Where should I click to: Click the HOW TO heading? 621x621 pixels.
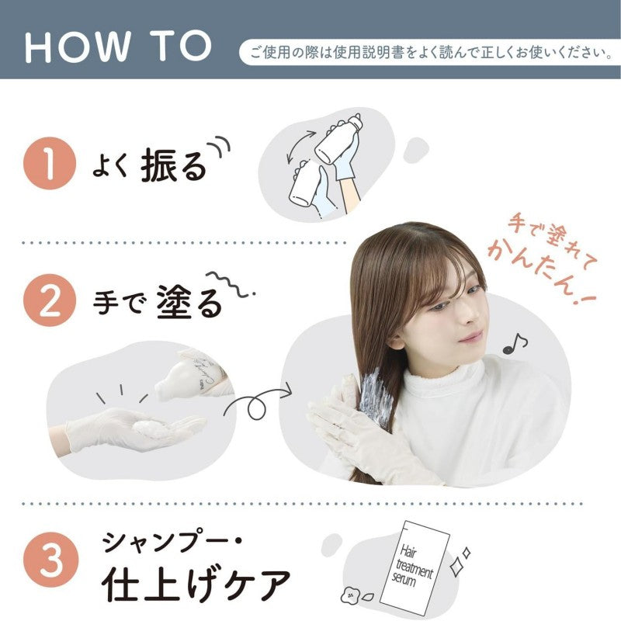tap(119, 47)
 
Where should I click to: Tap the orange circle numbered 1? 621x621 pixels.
tap(50, 163)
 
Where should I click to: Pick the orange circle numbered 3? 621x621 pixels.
tap(50, 559)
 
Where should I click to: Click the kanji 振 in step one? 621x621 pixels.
tap(158, 165)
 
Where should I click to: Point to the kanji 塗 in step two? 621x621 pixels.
tap(175, 302)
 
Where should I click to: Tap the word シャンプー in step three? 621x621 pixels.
tap(169, 542)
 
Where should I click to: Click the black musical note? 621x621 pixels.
tap(515, 343)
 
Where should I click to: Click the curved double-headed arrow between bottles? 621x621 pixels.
tap(300, 146)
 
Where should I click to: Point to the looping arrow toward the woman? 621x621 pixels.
tap(258, 402)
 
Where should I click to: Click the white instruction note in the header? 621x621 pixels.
tap(429, 52)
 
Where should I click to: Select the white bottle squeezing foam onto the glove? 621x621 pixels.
tap(192, 376)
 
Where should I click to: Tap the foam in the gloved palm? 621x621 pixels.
tap(151, 429)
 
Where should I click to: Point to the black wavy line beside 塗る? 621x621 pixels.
tap(230, 284)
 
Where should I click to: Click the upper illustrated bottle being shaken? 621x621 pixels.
tap(338, 138)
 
